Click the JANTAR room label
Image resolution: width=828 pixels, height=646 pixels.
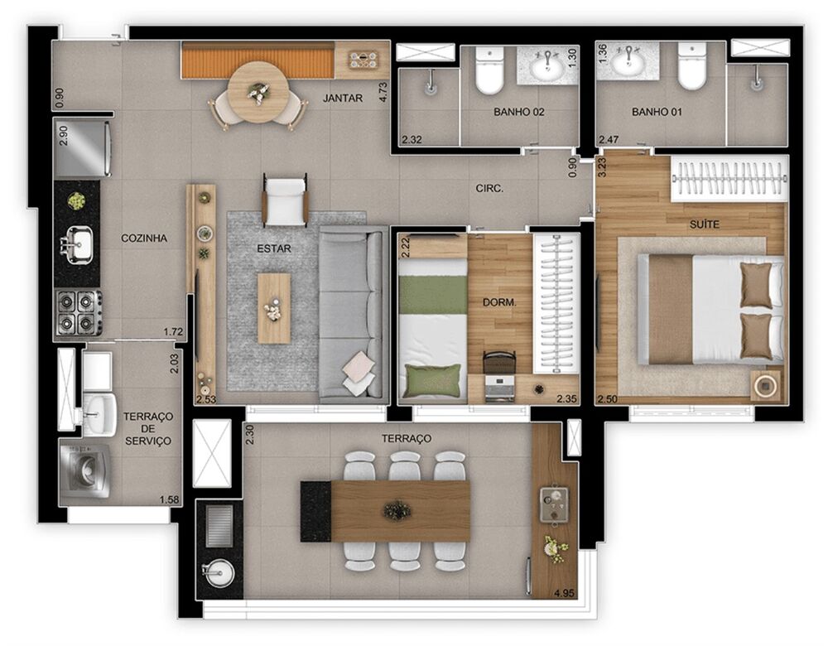(343, 98)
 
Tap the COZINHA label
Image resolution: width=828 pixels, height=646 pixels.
(144, 238)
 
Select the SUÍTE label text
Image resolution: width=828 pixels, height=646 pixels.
(705, 224)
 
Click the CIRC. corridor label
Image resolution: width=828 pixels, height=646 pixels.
(489, 188)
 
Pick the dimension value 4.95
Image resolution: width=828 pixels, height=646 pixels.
(563, 592)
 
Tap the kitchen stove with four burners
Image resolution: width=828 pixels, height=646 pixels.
(79, 313)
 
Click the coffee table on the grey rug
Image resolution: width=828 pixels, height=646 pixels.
(274, 308)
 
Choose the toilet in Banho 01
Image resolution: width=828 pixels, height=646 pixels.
(691, 68)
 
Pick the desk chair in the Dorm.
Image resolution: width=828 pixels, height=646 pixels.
(498, 364)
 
